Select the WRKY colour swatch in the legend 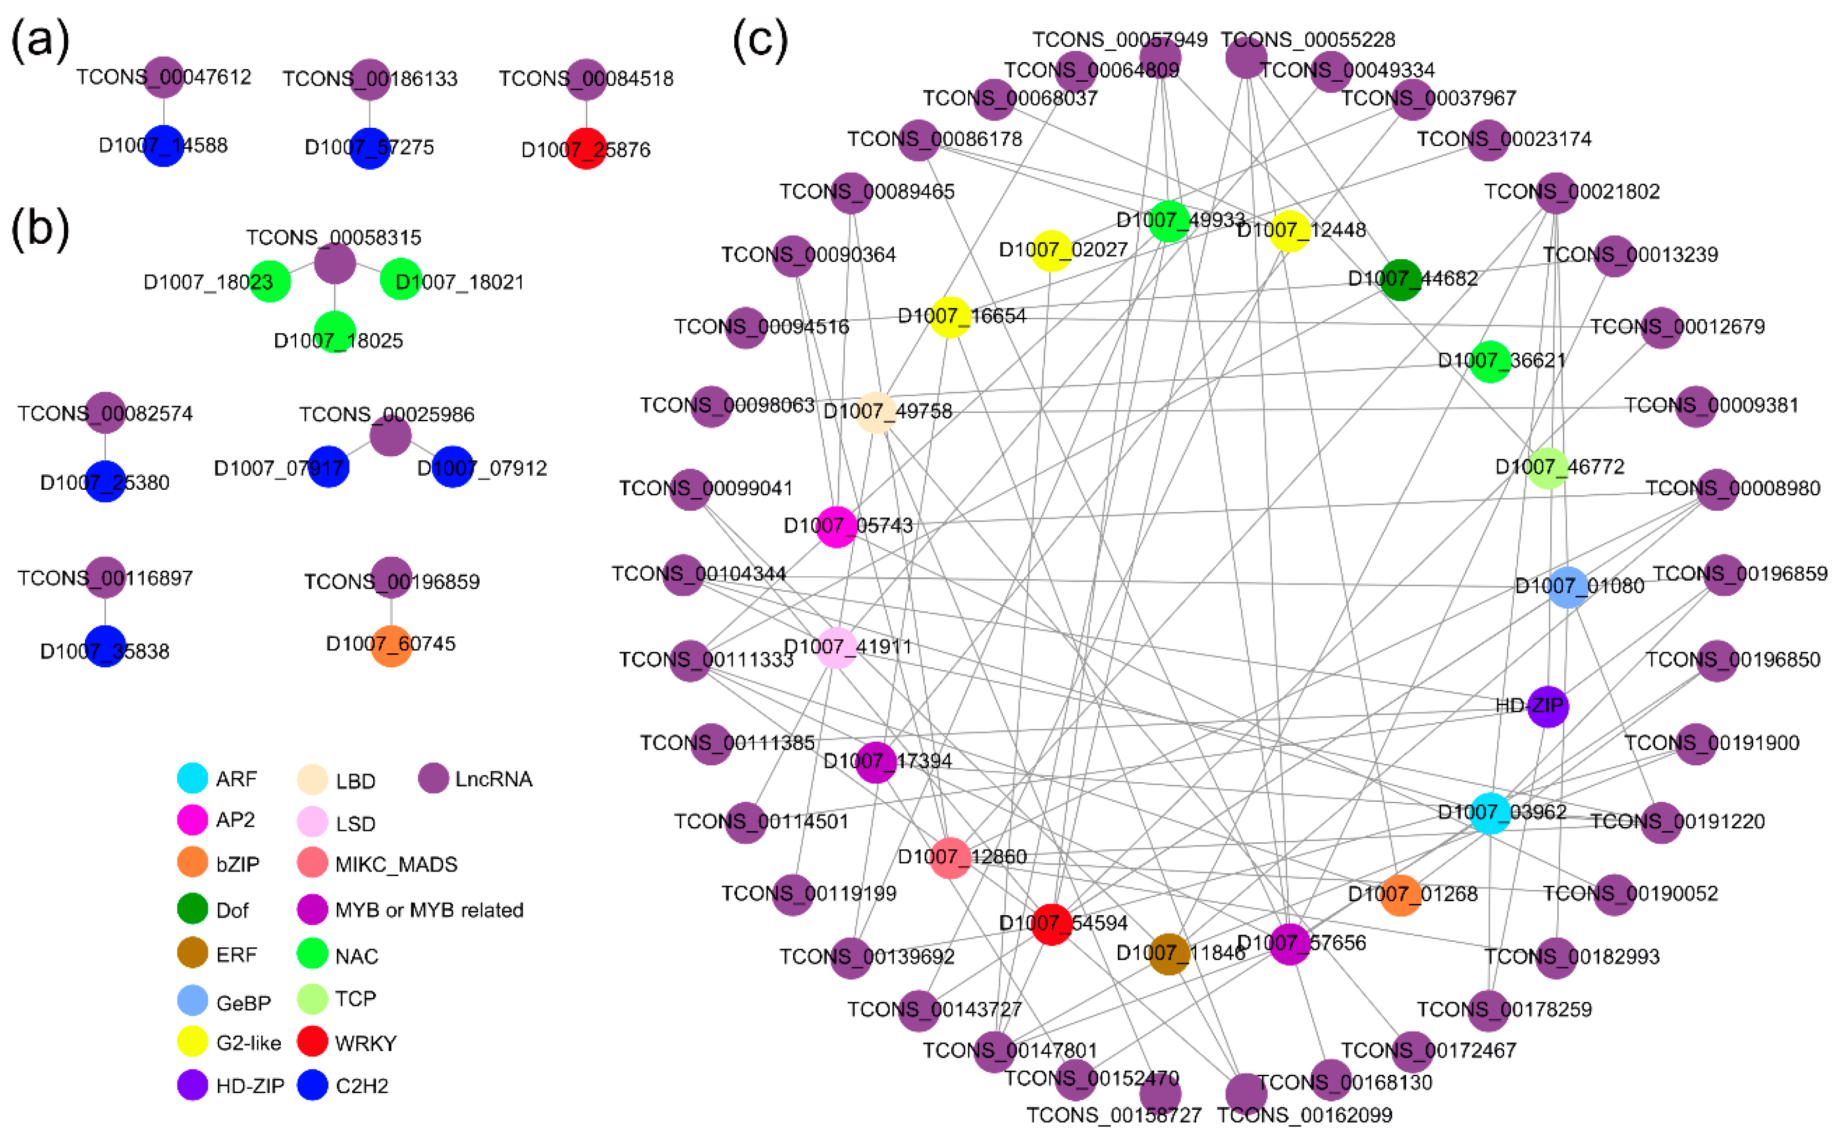[x=312, y=1041]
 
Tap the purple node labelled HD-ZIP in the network [x=1548, y=706]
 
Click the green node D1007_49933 [x=1169, y=221]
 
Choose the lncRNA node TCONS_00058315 [x=335, y=263]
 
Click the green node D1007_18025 [x=335, y=332]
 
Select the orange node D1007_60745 [x=391, y=646]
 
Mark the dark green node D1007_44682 [x=1401, y=279]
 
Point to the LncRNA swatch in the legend [x=433, y=778]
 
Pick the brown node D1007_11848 [x=1169, y=953]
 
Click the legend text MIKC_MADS [x=396, y=864]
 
